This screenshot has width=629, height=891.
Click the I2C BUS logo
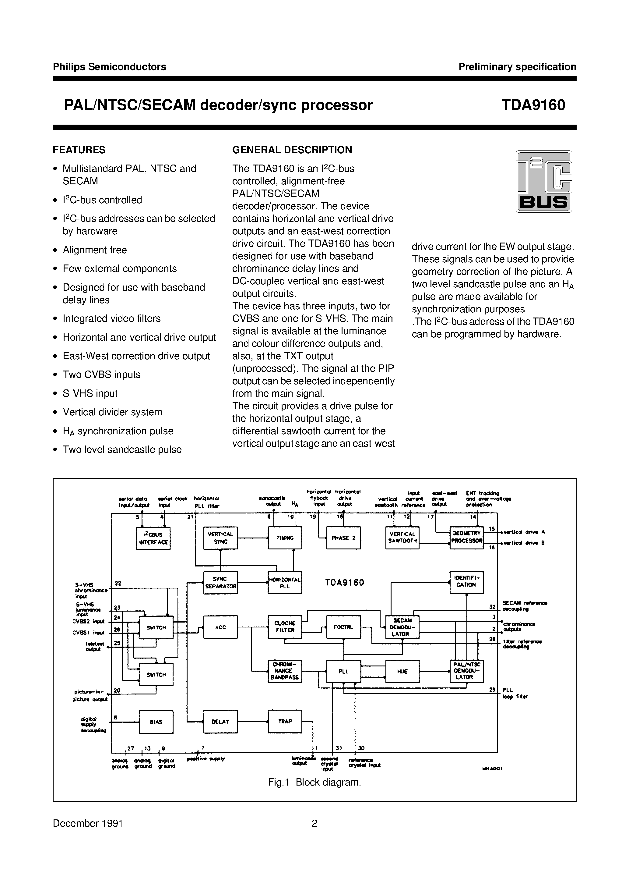544,181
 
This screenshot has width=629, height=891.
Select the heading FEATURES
79,150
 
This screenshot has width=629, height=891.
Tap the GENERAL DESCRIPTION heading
292,150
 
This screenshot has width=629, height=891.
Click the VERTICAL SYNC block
221,538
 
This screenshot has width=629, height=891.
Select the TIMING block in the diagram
285,538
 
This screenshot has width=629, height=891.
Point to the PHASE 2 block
344,538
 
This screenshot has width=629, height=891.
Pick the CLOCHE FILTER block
285,627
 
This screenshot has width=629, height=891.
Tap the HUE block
402,671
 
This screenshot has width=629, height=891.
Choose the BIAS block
156,722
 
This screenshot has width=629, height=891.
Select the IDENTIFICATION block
466,582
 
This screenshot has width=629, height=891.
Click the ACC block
221,627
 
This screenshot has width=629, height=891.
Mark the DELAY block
221,722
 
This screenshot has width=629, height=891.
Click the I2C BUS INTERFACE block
154,538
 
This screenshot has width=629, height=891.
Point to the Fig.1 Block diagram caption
314,782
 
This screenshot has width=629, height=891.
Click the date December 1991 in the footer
88,823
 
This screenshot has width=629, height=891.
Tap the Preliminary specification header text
517,67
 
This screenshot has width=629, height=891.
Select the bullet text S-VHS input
90,393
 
